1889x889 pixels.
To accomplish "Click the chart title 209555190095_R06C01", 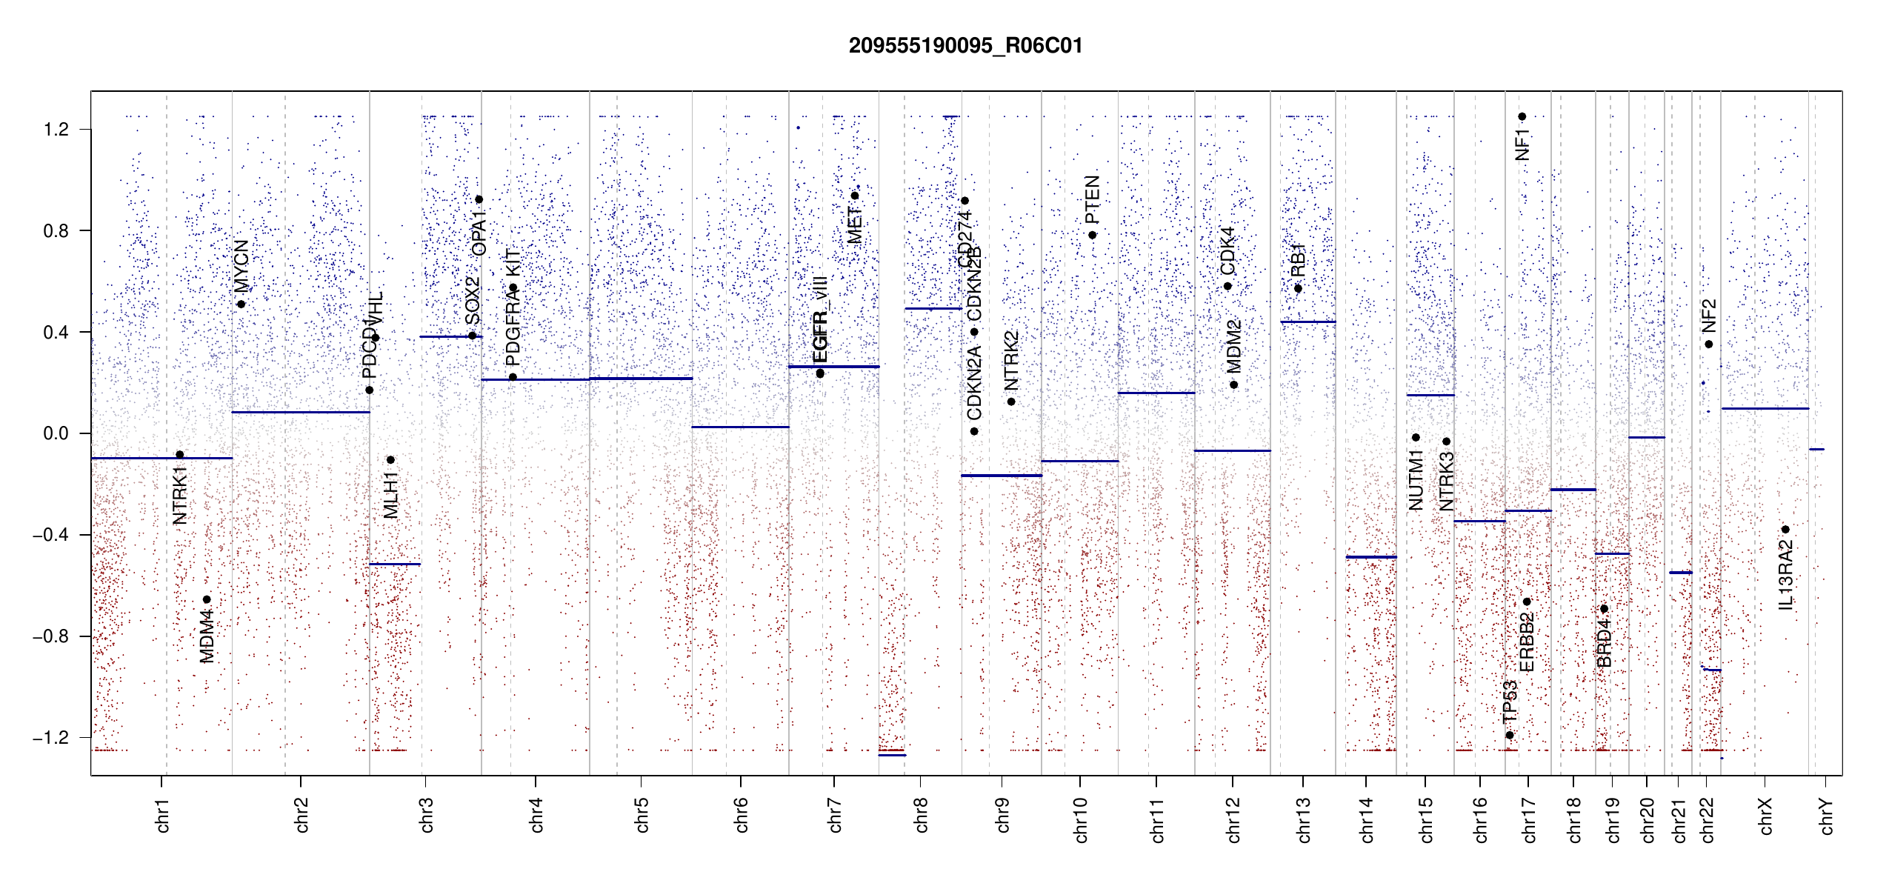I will [965, 46].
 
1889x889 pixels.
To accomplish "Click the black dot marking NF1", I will [1522, 116].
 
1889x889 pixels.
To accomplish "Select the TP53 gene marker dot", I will [1510, 735].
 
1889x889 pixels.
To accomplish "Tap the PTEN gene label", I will [1092, 200].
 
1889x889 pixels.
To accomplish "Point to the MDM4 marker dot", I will [207, 599].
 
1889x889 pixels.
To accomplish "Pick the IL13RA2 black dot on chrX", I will [1785, 529].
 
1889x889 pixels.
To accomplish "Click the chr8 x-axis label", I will [921, 815].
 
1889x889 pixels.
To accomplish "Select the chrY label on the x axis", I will [1826, 816].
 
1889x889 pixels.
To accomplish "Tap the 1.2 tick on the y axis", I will [56, 130].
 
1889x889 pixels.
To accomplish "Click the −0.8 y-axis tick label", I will [51, 636].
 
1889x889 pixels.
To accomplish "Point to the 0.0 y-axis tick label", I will [56, 433].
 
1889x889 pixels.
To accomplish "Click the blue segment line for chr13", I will [1307, 322].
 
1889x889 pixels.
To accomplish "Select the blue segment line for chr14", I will [1370, 556].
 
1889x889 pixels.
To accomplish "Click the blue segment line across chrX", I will [1765, 408].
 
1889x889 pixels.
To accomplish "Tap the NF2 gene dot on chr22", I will [1708, 344].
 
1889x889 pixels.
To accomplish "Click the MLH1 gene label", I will [391, 495].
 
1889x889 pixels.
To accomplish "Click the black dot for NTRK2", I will [1011, 402].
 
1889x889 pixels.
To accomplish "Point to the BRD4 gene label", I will [1604, 643].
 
